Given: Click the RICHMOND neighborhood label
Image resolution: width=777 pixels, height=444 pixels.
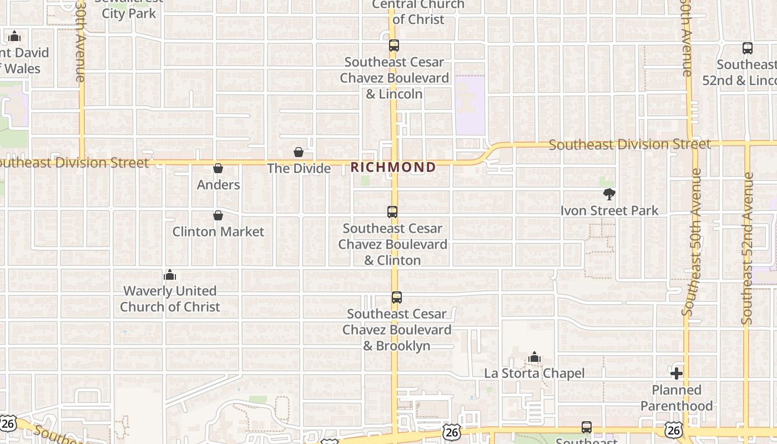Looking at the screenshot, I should pyautogui.click(x=393, y=167).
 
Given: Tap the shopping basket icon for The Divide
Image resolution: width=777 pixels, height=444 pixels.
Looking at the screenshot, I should pyautogui.click(x=299, y=152).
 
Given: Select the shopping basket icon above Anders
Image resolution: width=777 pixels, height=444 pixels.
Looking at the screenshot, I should pyautogui.click(x=218, y=168).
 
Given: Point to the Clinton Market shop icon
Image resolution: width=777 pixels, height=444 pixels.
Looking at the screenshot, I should pyautogui.click(x=218, y=215).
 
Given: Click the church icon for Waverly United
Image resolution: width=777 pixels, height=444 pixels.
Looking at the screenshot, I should pyautogui.click(x=170, y=275).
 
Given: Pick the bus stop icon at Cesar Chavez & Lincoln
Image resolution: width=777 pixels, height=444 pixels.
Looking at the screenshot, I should pyautogui.click(x=393, y=46).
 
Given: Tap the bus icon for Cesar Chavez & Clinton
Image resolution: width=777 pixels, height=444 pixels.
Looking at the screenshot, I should pyautogui.click(x=392, y=212).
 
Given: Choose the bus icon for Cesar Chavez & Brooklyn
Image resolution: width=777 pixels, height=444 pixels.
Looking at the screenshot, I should pyautogui.click(x=396, y=297).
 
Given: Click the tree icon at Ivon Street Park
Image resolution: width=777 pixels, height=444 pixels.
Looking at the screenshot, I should pyautogui.click(x=609, y=194).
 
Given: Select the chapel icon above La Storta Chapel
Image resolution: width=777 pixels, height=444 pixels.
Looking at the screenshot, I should pyautogui.click(x=534, y=357).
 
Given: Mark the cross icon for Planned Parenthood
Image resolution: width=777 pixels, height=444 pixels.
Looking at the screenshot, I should pyautogui.click(x=676, y=374).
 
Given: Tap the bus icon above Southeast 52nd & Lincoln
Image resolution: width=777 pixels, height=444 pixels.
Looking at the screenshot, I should pyautogui.click(x=747, y=48).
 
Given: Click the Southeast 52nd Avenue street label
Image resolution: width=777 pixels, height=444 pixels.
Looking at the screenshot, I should pyautogui.click(x=748, y=249).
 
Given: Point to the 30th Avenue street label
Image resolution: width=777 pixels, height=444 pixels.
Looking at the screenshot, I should pyautogui.click(x=80, y=41).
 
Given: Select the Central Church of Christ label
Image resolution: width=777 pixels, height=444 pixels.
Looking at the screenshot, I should pyautogui.click(x=418, y=12).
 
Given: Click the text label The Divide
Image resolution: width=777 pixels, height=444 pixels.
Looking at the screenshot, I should pyautogui.click(x=299, y=168).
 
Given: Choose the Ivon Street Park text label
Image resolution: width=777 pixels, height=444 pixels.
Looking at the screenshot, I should pyautogui.click(x=609, y=211).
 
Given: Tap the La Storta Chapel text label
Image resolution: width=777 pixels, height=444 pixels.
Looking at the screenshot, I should pyautogui.click(x=534, y=374).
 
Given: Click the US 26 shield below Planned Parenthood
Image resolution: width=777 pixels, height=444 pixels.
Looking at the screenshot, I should pyautogui.click(x=674, y=429).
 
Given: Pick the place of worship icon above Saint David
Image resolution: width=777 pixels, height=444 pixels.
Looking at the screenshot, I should pyautogui.click(x=14, y=37).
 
